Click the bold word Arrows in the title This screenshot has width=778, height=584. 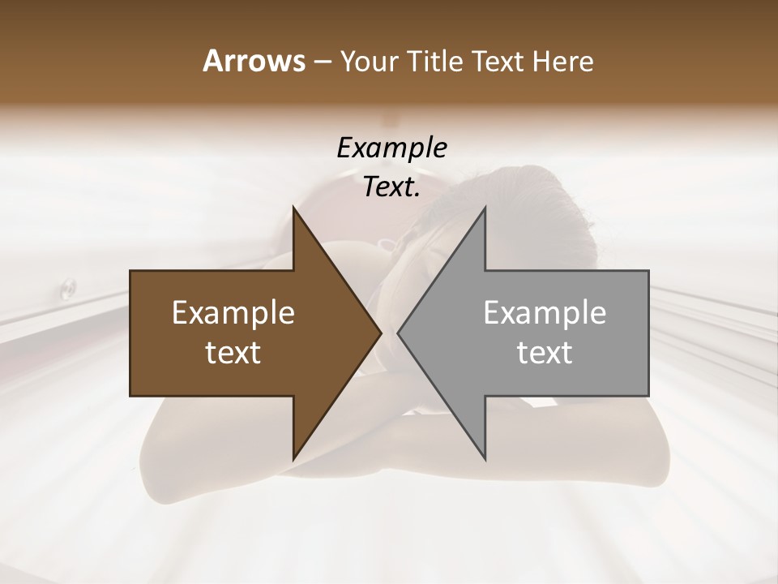253,61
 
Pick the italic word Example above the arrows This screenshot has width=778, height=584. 391,148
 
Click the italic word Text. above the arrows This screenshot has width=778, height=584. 391,187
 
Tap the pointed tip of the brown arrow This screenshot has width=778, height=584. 380,333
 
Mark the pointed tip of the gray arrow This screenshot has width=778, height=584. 399,333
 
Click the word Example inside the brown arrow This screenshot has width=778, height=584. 233,313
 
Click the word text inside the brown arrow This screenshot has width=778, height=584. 233,353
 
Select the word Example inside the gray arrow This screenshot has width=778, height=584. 545,313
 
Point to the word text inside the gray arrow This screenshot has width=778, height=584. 545,353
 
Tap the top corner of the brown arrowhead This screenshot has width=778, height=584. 294,209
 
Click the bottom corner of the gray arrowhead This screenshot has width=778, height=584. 485,458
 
